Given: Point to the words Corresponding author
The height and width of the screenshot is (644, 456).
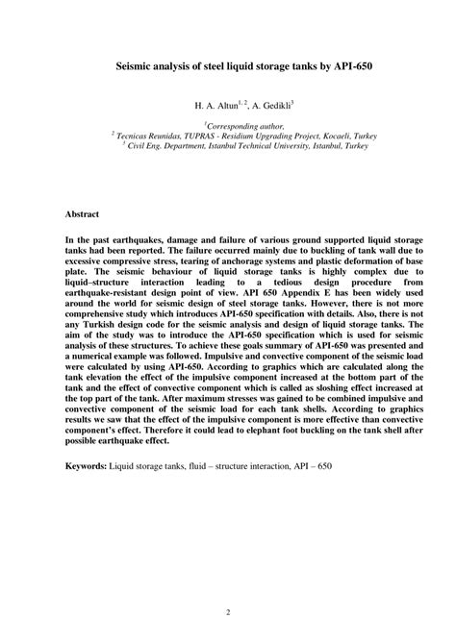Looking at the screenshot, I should point(232,126).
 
